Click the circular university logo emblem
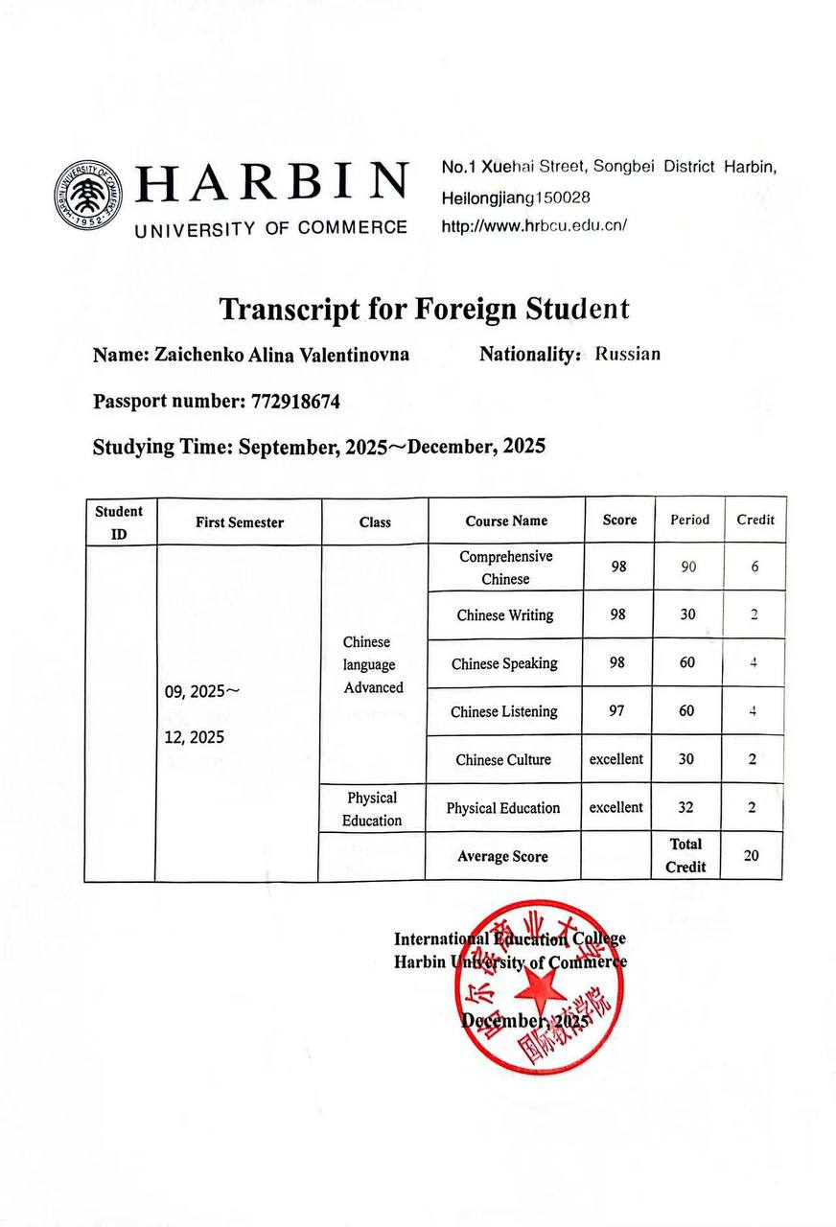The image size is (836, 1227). (89, 195)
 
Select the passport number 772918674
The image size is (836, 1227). (295, 402)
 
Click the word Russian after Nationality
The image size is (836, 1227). (628, 354)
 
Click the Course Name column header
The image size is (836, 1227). (506, 521)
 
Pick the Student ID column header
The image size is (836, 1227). (119, 522)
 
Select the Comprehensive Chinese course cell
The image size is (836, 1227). (505, 567)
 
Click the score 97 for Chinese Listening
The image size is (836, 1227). (618, 710)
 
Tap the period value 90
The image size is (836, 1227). (688, 567)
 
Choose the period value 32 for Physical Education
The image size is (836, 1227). (686, 807)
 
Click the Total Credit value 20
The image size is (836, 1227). (752, 855)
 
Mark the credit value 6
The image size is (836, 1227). (755, 567)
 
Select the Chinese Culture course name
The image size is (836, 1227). (503, 759)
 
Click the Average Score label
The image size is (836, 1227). (503, 856)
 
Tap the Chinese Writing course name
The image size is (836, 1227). (504, 615)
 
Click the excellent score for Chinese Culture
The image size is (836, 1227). (616, 759)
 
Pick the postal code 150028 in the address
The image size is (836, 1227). (556, 197)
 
